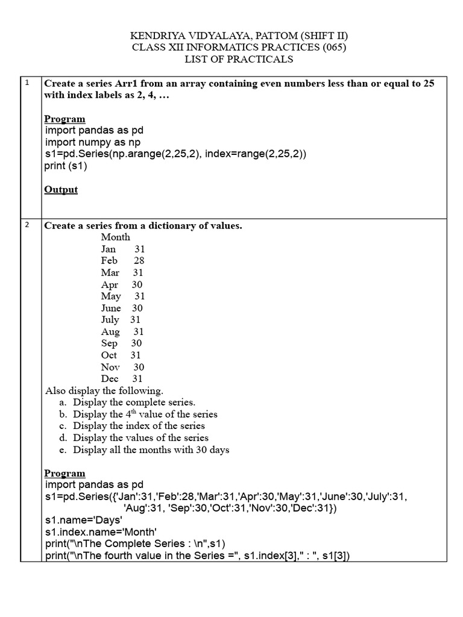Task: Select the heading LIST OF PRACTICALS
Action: (x=239, y=59)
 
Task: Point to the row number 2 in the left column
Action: (x=27, y=225)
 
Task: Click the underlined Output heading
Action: (x=61, y=190)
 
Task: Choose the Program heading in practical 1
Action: (x=65, y=119)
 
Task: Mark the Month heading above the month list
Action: (x=115, y=237)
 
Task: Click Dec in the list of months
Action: (x=110, y=379)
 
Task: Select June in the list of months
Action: (x=111, y=308)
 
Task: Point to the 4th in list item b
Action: (x=131, y=414)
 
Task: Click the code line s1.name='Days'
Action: (x=84, y=519)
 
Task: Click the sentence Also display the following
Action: (x=104, y=390)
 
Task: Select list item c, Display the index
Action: (x=139, y=426)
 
